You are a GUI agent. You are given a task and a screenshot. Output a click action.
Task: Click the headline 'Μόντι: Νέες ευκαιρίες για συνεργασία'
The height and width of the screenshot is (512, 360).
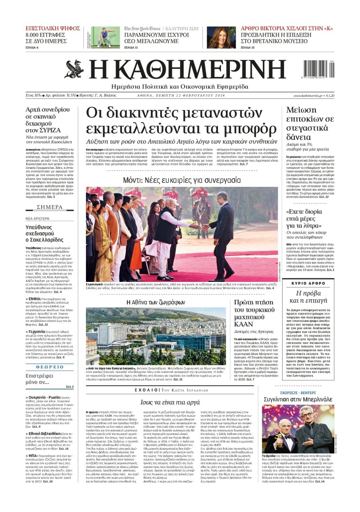click(x=182, y=180)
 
